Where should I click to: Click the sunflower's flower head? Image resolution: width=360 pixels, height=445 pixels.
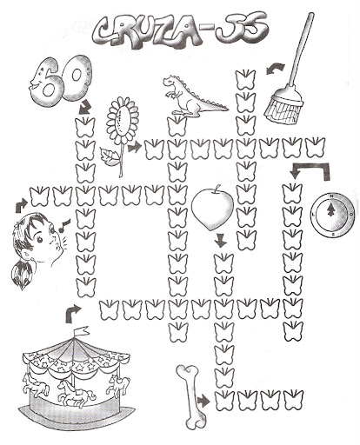click(x=123, y=120)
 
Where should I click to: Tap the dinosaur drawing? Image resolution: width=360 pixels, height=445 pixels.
click(x=191, y=96)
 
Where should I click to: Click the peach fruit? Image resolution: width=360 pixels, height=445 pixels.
click(x=212, y=209)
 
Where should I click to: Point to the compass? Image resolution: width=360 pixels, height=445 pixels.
click(x=332, y=215)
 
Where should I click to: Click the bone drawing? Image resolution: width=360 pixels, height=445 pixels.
click(x=191, y=396)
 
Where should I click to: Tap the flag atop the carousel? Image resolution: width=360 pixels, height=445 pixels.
click(x=82, y=331)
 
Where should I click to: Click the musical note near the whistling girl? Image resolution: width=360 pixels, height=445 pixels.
click(x=64, y=225)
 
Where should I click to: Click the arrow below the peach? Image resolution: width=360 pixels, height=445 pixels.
click(x=221, y=241)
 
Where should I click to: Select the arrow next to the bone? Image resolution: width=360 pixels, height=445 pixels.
click(x=203, y=402)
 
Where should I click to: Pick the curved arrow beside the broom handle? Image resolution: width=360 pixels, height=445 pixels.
click(x=275, y=70)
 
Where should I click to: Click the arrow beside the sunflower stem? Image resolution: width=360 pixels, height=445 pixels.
click(x=134, y=147)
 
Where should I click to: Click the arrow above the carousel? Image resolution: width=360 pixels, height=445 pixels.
click(x=72, y=313)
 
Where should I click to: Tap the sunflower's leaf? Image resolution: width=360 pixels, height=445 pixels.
click(x=110, y=156)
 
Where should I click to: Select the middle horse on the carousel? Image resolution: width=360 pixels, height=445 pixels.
click(x=76, y=392)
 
